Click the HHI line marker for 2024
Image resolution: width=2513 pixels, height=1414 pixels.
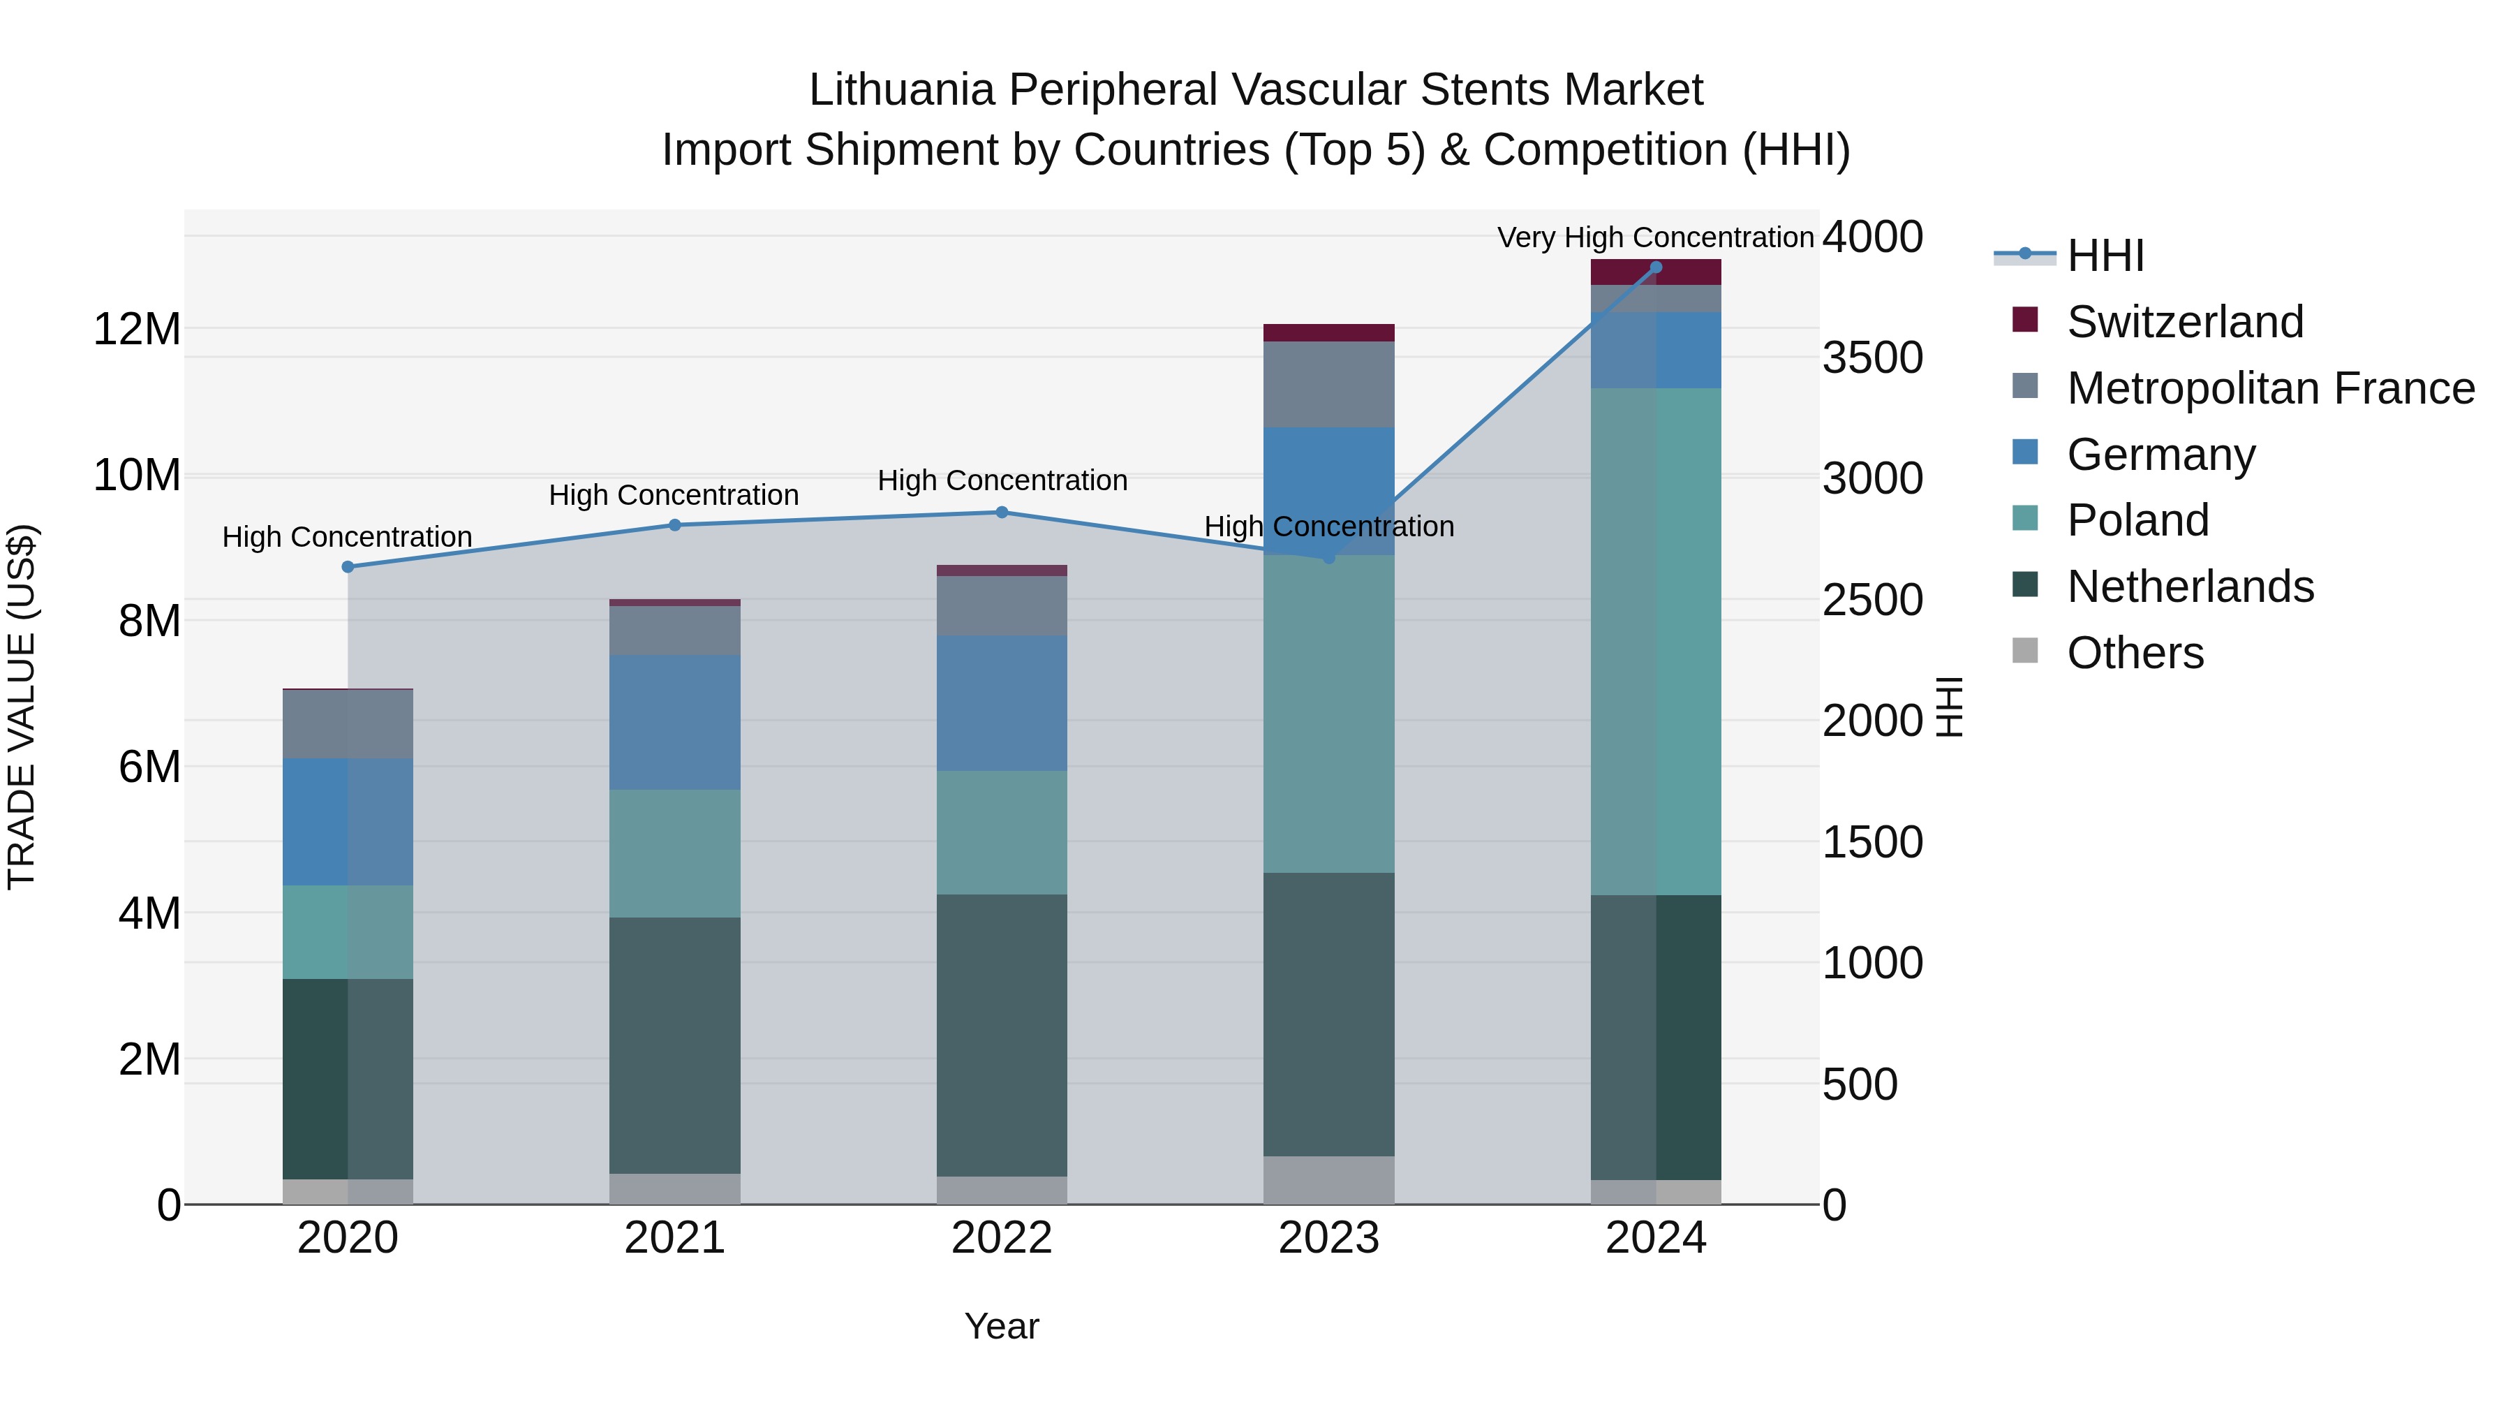(x=1656, y=267)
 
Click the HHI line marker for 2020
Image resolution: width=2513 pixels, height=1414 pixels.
(x=348, y=567)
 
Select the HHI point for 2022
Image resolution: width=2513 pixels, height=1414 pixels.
(x=1002, y=513)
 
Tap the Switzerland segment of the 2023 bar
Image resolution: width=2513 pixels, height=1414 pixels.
(x=1328, y=333)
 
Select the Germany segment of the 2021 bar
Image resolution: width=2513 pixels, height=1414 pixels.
(x=674, y=722)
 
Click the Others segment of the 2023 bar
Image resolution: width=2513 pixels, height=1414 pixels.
(x=1328, y=1180)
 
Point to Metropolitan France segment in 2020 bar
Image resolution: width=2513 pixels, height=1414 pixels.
(x=348, y=724)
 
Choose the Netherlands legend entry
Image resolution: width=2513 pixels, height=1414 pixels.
(x=2189, y=587)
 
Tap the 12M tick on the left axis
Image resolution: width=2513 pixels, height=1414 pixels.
(x=137, y=329)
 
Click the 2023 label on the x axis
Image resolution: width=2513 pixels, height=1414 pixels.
(x=1328, y=1238)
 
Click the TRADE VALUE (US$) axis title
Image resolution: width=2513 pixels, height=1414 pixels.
(x=22, y=707)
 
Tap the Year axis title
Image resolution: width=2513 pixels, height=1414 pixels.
(x=1002, y=1326)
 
